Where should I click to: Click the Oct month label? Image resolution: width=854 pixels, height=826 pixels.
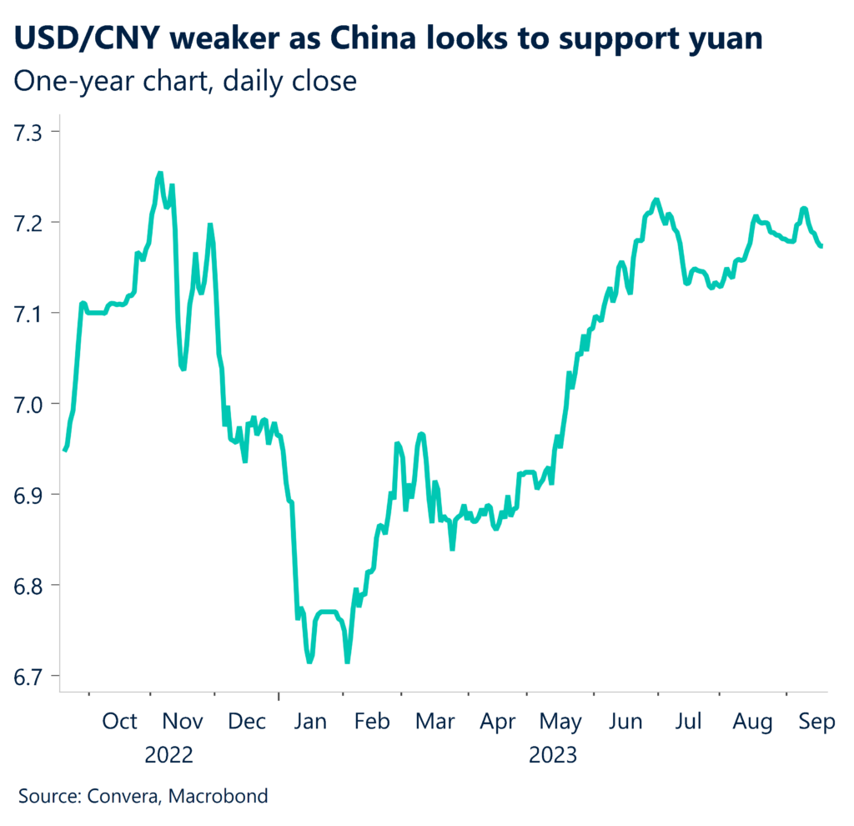click(x=120, y=722)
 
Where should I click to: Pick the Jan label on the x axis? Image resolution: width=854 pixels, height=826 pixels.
click(x=309, y=722)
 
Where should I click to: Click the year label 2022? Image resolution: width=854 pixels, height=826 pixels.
click(x=169, y=756)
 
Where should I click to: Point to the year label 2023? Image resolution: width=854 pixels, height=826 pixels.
click(x=553, y=756)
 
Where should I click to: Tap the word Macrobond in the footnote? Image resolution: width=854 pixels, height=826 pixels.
click(x=219, y=796)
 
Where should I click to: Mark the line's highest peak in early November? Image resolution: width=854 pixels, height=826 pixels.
click(x=160, y=174)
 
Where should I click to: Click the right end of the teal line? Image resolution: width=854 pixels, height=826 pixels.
click(x=822, y=246)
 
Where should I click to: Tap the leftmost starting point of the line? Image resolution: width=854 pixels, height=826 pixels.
click(x=64, y=451)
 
